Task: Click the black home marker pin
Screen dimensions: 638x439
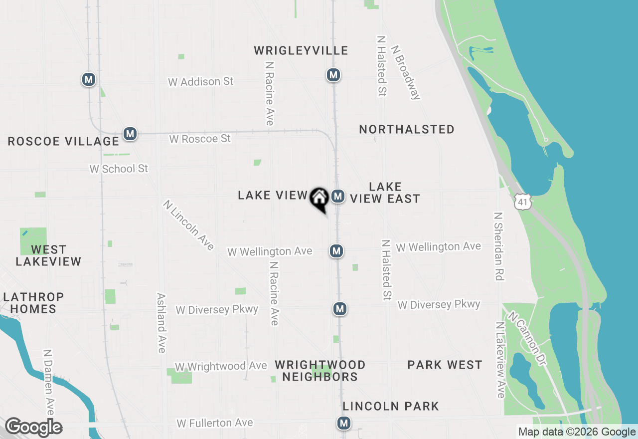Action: (319, 199)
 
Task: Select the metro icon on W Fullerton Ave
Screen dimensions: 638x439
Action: (343, 423)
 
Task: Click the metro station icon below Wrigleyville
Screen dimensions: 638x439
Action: (333, 75)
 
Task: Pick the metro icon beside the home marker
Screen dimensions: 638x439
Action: (338, 196)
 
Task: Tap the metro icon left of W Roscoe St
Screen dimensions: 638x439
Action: (130, 134)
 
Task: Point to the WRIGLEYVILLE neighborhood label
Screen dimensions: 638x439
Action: (301, 51)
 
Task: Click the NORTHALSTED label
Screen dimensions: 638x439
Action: (407, 130)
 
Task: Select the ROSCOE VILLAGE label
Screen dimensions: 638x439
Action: (63, 142)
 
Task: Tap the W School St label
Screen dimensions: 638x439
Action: (119, 169)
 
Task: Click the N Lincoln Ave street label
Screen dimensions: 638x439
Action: (188, 225)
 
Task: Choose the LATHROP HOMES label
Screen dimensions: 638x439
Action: (33, 303)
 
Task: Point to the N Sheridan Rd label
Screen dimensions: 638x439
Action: (498, 246)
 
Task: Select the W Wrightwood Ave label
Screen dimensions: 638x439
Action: (221, 367)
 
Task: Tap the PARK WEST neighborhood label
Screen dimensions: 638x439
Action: (445, 365)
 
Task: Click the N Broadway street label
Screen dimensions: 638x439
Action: (406, 73)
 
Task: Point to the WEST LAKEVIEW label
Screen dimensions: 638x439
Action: (48, 255)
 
